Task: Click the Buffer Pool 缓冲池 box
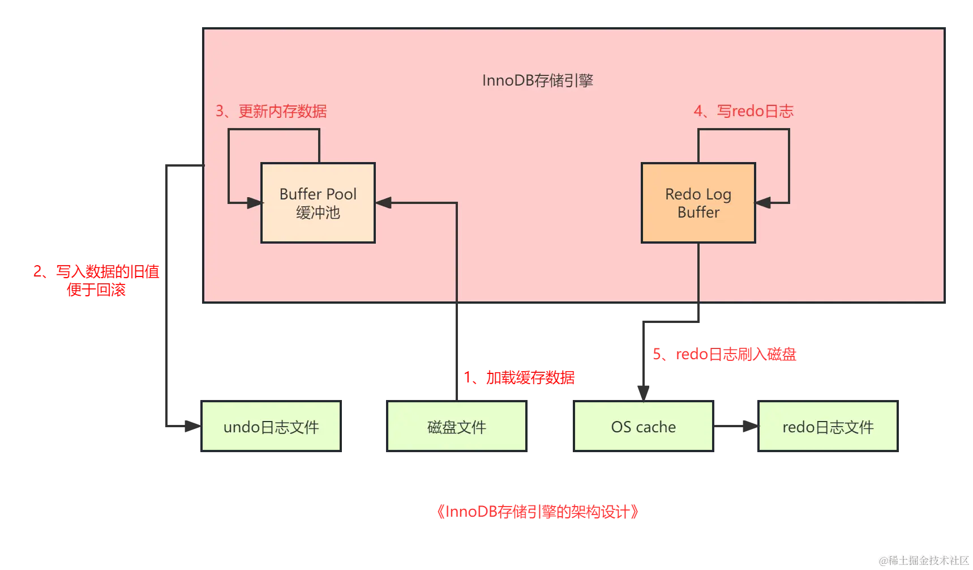tap(318, 203)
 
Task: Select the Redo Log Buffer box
tap(698, 203)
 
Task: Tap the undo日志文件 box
tap(271, 427)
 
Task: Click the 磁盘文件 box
tap(457, 427)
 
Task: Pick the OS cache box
tap(644, 427)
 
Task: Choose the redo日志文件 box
tap(828, 427)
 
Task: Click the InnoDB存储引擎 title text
tap(537, 80)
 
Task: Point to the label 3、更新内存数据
tap(271, 111)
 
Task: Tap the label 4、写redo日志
tap(743, 111)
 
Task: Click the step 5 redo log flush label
tap(724, 355)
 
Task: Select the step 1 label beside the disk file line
tap(518, 377)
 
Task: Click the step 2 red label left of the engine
tap(96, 280)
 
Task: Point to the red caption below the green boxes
tap(537, 512)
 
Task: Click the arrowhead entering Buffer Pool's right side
tap(384, 203)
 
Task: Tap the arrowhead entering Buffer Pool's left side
tap(254, 203)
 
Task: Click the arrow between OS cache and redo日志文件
tap(736, 426)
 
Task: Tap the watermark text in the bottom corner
tap(923, 560)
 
